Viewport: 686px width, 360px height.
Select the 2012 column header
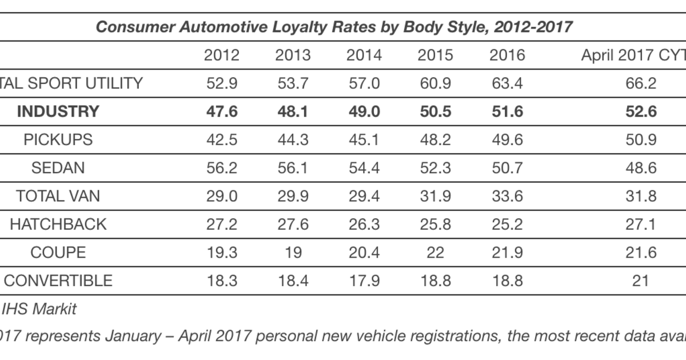pos(222,55)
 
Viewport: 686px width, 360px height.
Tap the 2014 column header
pos(364,55)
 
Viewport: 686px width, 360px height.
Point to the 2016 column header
pos(507,55)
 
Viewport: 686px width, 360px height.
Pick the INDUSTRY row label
pos(58,111)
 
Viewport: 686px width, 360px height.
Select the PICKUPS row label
pos(58,139)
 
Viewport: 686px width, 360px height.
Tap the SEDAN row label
pos(58,167)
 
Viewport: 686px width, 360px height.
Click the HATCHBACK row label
pos(58,224)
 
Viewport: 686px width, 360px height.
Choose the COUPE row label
pos(58,252)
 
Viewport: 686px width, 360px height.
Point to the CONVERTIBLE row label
pos(58,281)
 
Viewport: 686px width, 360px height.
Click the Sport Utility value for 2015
pos(434,83)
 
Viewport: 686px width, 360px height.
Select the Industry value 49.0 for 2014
pos(364,111)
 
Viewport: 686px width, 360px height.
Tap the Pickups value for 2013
pos(293,139)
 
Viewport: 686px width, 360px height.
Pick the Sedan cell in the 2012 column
pos(222,167)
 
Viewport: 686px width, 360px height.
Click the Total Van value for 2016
pos(507,196)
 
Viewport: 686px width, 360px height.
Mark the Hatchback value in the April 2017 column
pos(641,224)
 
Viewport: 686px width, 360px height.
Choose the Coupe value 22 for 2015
pos(434,252)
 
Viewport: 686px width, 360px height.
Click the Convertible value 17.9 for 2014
pos(364,281)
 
